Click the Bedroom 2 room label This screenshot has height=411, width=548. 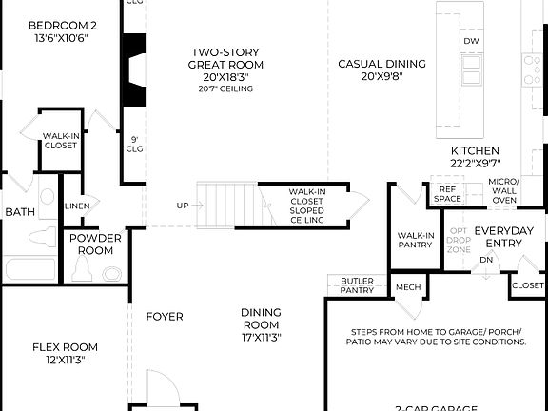(x=62, y=25)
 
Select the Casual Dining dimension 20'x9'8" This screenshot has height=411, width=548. (x=382, y=78)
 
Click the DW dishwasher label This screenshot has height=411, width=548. (x=471, y=42)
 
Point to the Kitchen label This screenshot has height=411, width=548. (x=475, y=151)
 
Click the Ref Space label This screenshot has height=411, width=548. (x=447, y=194)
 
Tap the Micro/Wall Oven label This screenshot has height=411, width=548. (x=503, y=190)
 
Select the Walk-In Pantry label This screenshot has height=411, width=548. (x=416, y=240)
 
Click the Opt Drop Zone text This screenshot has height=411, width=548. (x=459, y=240)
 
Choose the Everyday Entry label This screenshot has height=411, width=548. (x=504, y=237)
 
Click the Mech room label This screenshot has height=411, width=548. (x=408, y=287)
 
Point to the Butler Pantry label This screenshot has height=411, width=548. (x=357, y=285)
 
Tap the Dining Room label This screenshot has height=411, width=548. (x=261, y=323)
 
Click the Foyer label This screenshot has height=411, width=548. (x=164, y=317)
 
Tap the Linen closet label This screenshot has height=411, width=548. (x=77, y=205)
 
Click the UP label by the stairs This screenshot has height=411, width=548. (x=182, y=205)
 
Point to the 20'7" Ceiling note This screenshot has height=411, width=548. (x=226, y=89)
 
